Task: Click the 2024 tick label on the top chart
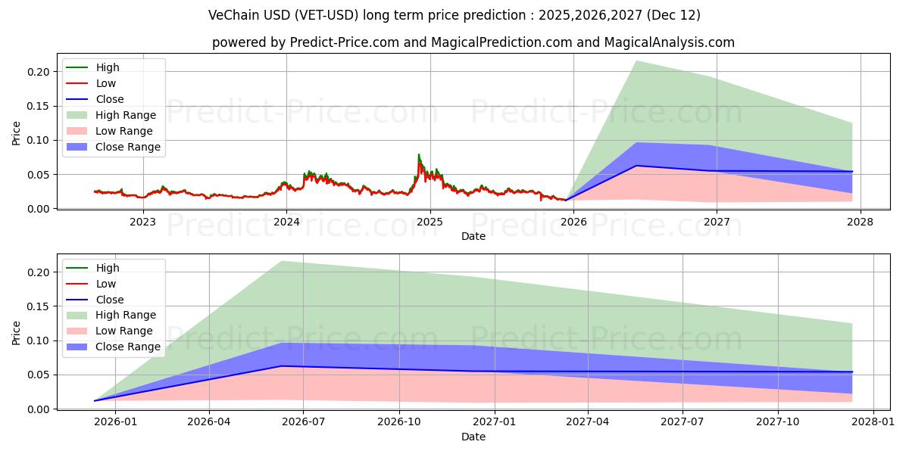[x=286, y=222]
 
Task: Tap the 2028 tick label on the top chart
[x=861, y=222]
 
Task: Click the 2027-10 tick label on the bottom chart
[x=778, y=422]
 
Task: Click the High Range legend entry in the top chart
[x=125, y=115]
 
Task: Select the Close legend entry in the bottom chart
[x=110, y=300]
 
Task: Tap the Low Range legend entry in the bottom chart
[x=123, y=331]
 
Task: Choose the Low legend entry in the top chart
[x=106, y=83]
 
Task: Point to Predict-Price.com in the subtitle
[x=344, y=42]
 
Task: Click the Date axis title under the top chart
[x=473, y=236]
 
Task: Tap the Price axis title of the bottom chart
[x=17, y=333]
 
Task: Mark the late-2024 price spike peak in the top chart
[x=419, y=154]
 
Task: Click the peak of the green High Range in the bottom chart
[x=282, y=261]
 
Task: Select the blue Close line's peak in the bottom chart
[x=282, y=366]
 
